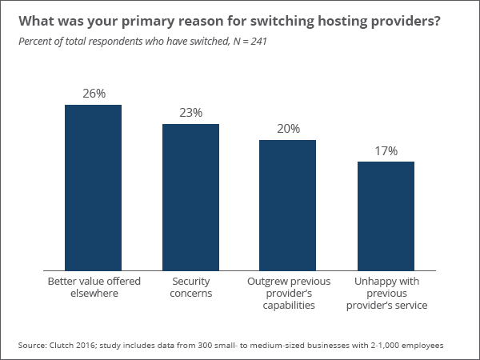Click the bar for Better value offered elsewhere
coord(93,188)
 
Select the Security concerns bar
coord(190,198)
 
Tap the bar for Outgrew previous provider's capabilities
coord(287,206)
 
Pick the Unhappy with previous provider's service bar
coord(386,216)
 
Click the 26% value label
coord(94,94)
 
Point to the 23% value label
coord(190,113)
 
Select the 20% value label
coord(288,129)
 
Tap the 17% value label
coord(386,150)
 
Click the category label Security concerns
coord(191,287)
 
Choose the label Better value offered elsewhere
coord(94,287)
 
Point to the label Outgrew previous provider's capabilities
coord(288,293)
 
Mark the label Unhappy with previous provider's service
coord(386,293)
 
